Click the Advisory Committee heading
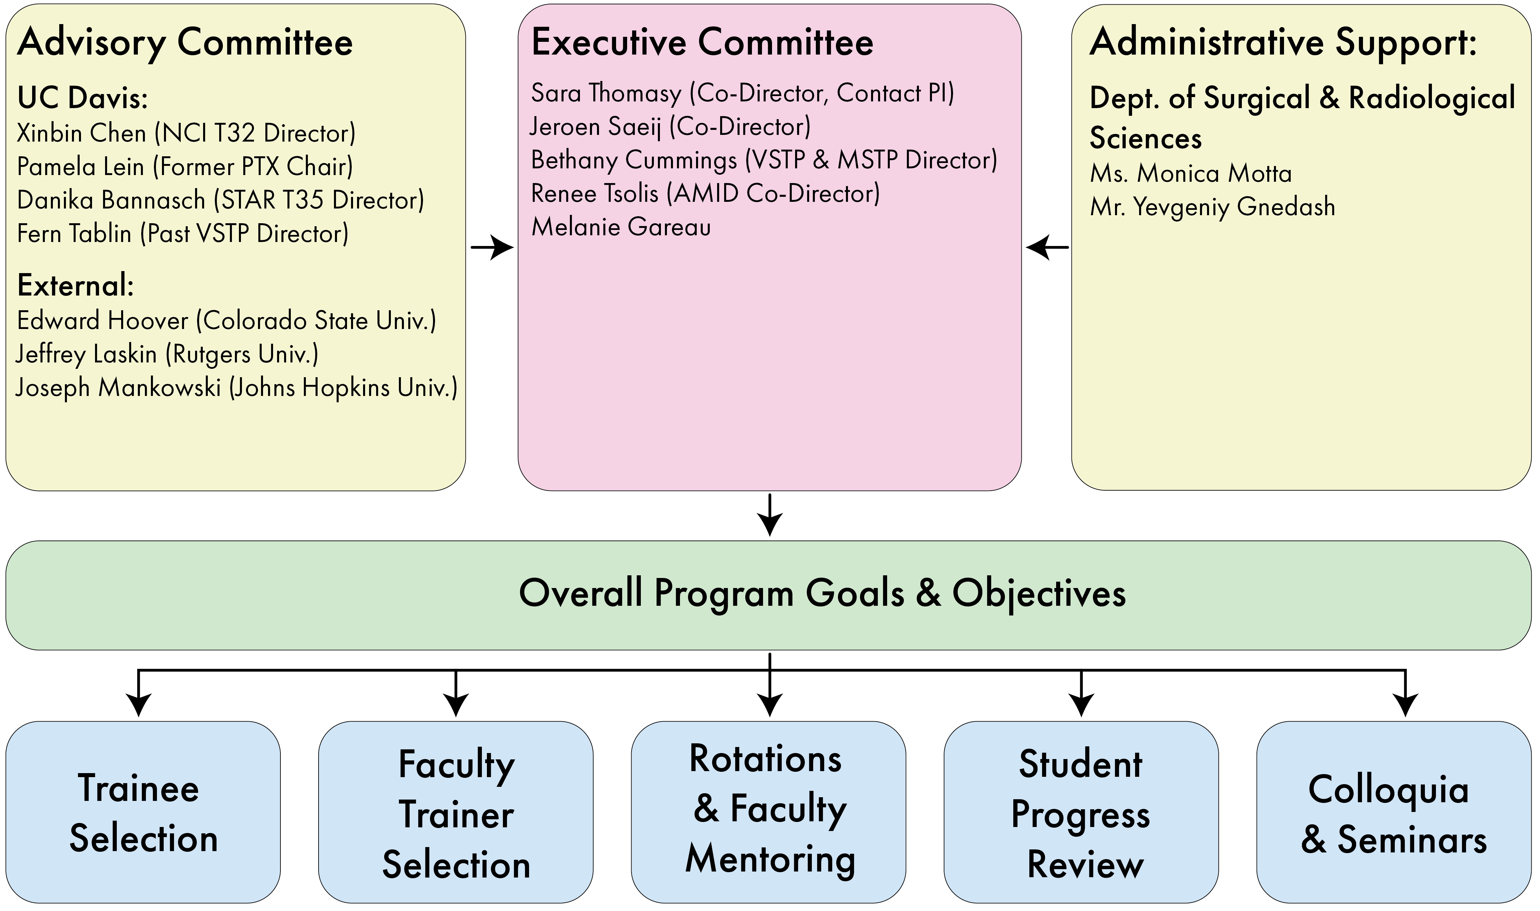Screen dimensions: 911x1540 [185, 43]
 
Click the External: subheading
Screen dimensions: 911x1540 [76, 285]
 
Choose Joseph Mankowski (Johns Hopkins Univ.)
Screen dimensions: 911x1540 [236, 388]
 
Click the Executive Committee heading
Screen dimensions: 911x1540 [702, 43]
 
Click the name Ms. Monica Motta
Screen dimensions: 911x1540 [1191, 174]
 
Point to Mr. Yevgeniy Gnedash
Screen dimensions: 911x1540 [1212, 207]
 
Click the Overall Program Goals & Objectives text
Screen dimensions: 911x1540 [823, 594]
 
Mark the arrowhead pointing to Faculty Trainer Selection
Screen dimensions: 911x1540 [455, 705]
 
